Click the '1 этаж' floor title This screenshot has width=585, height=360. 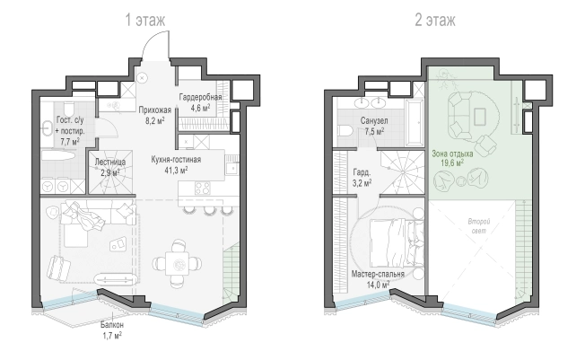pos(145,20)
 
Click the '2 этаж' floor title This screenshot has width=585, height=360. pos(435,20)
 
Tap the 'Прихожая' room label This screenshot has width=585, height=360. pos(155,110)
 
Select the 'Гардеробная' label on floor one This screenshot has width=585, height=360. pos(200,97)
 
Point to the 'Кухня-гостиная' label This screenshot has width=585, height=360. pos(176,160)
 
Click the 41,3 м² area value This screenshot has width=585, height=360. pos(176,171)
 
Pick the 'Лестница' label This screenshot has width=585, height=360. pos(109,162)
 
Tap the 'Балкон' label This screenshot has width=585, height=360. pos(112,325)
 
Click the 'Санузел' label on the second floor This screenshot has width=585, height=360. pos(374,120)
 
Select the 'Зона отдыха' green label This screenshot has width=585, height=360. pos(452,154)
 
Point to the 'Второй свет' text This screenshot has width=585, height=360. pos(479,226)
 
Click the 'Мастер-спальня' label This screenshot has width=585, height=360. pos(378,274)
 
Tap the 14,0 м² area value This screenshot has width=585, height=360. pos(378,285)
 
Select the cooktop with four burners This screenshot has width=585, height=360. pos(203,188)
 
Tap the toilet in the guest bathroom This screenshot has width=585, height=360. pos(69,109)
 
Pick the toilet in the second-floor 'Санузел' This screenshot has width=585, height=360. pos(345,131)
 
